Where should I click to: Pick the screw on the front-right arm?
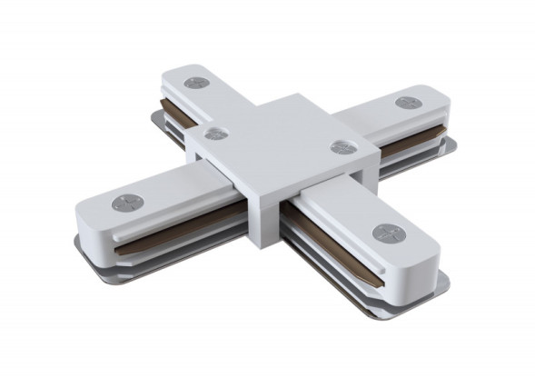pos(386,234)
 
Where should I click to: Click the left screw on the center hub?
pos(215,134)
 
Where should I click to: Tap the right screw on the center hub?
pos(342,147)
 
